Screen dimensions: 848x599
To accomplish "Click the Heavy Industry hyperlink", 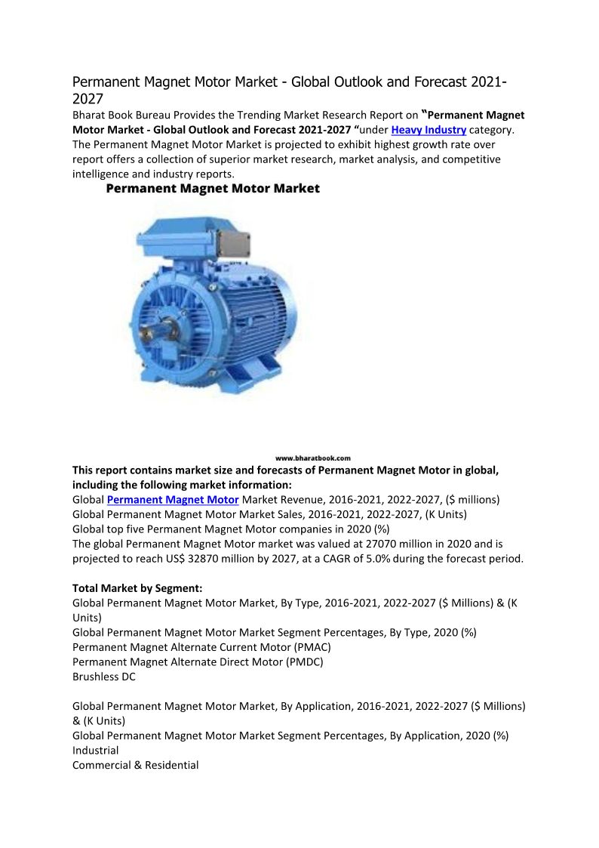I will pyautogui.click(x=428, y=130).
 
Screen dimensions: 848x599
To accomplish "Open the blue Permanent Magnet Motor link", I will pyautogui.click(x=173, y=500).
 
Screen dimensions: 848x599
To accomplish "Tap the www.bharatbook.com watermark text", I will pyautogui.click(x=312, y=458).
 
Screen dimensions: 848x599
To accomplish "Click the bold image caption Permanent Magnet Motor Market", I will pyautogui.click(x=213, y=189).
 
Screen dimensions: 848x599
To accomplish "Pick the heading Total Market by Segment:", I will pyautogui.click(x=137, y=587).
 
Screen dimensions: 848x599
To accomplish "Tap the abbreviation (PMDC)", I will pyautogui.click(x=301, y=662).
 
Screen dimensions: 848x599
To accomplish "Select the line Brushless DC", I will pyautogui.click(x=104, y=677).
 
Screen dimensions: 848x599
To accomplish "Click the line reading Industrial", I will pyautogui.click(x=95, y=751).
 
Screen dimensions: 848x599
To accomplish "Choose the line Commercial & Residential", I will pyautogui.click(x=136, y=765).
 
